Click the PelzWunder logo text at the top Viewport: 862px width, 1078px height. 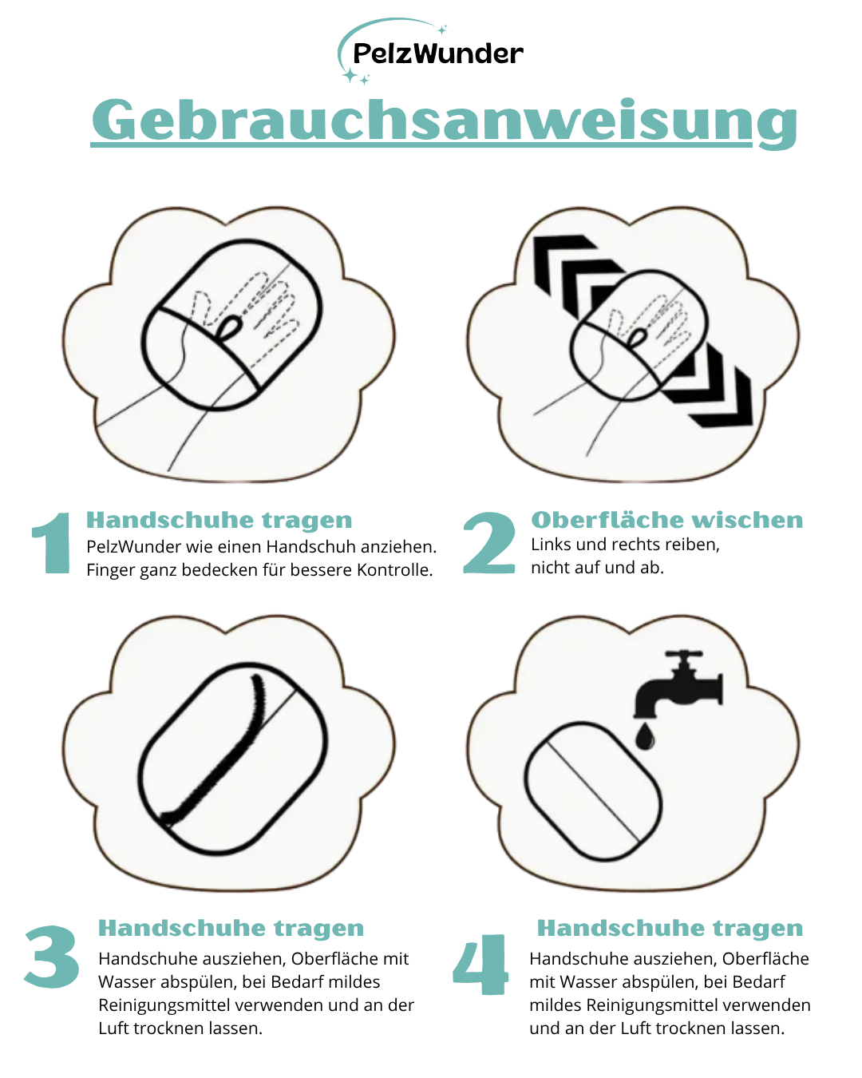tap(437, 54)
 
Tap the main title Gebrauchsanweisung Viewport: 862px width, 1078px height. tap(444, 121)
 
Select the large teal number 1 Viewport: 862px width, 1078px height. tap(53, 543)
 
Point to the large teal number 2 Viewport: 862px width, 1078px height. tap(489, 543)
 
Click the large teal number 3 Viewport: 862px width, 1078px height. tap(52, 956)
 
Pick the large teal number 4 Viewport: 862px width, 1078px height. tap(480, 964)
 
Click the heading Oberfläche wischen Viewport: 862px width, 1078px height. tap(666, 520)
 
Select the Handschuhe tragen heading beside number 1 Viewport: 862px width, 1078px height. tap(219, 520)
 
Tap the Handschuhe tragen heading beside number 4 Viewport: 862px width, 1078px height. tap(670, 928)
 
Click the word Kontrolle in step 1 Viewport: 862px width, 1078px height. tap(394, 570)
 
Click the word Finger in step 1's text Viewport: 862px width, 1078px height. tap(109, 570)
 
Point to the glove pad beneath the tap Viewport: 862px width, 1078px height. tap(593, 791)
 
